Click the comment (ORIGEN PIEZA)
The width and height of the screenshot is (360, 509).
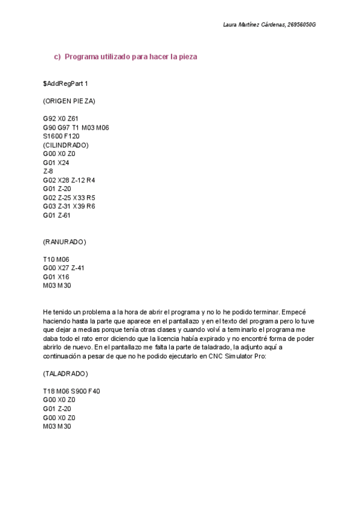tap(69, 101)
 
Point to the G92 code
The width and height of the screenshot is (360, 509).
tap(49, 119)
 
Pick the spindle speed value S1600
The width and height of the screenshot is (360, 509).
tap(52, 136)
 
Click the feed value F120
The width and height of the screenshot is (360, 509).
tap(71, 136)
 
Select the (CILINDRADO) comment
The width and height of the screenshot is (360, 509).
tap(66, 145)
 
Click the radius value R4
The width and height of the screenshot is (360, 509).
tap(91, 180)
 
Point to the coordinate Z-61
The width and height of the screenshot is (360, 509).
tap(64, 215)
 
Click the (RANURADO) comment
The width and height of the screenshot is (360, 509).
tap(65, 242)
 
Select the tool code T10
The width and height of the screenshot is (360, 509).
tap(49, 259)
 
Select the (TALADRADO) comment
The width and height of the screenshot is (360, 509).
tap(65, 374)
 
